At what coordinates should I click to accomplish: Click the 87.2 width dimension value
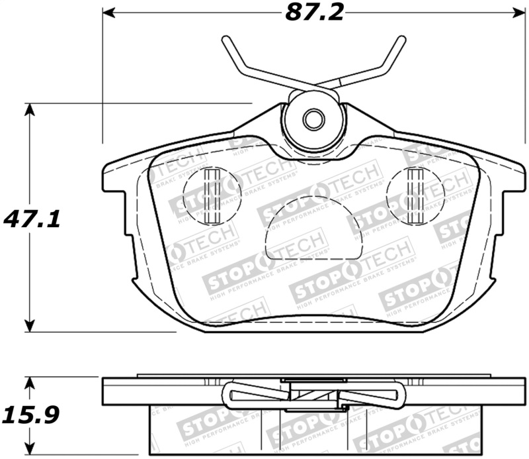[315, 13]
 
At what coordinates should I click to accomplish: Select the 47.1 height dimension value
[32, 218]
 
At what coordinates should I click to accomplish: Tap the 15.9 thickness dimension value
[32, 415]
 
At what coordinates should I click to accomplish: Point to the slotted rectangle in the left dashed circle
[213, 195]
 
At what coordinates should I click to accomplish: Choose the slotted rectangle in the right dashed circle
[415, 195]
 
